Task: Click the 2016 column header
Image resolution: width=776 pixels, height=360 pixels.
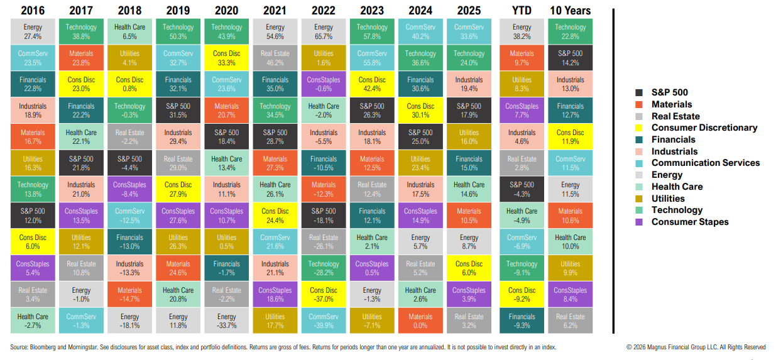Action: (33, 11)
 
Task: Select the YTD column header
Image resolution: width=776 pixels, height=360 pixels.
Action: (522, 11)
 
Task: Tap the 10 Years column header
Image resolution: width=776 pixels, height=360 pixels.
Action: (570, 11)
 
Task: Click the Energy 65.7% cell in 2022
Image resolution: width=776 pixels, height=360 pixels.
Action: (324, 31)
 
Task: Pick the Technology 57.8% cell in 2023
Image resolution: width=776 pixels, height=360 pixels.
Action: (372, 31)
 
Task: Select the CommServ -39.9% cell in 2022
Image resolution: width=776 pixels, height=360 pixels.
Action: (324, 320)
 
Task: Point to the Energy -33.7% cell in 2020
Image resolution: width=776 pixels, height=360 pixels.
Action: (227, 320)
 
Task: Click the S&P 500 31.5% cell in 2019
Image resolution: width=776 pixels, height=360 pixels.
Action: (178, 111)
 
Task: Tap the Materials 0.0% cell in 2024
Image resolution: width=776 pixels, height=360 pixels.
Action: (420, 320)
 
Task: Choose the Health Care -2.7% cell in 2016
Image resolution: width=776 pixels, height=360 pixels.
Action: (33, 320)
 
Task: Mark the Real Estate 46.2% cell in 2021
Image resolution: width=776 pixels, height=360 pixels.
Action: (275, 58)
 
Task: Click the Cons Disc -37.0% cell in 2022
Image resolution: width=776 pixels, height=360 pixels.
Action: (324, 294)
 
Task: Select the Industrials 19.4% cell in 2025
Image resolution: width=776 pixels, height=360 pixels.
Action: (469, 84)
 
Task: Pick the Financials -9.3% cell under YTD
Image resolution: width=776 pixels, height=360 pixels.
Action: (522, 320)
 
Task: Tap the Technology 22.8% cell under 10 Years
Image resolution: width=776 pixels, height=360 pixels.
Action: (570, 31)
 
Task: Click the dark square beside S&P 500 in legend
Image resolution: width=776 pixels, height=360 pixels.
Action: (639, 93)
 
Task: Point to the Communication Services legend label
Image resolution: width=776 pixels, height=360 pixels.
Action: (705, 163)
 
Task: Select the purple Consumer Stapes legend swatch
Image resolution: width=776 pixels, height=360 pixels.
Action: (639, 222)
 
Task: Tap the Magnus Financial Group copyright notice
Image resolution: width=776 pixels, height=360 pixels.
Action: (696, 347)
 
